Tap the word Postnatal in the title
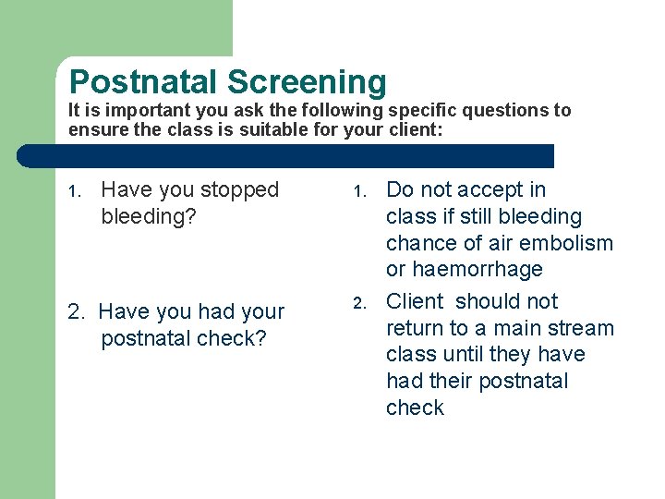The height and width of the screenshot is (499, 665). pyautogui.click(x=145, y=82)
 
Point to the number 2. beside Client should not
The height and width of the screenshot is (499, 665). pyautogui.click(x=362, y=303)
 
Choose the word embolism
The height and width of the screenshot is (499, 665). pyautogui.click(x=570, y=244)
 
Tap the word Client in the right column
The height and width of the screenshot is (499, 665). pyautogui.click(x=416, y=302)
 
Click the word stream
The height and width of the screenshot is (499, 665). pyautogui.click(x=583, y=329)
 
